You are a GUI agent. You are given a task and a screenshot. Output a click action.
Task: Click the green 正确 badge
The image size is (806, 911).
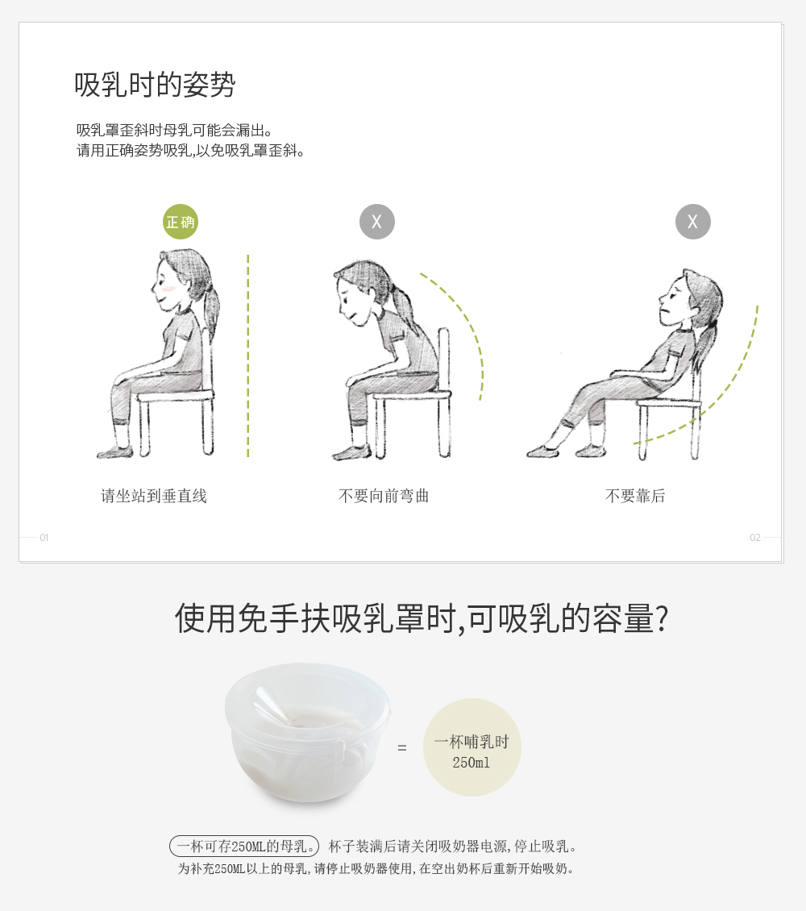pos(180,222)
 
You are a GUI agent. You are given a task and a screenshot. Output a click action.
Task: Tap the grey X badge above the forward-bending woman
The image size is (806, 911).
pos(377,222)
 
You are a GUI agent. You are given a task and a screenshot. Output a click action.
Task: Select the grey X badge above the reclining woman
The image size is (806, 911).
pos(693,222)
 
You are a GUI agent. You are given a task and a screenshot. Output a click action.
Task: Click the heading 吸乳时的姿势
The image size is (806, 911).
pos(155,85)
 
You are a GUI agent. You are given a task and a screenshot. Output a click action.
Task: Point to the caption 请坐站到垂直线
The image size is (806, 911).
pos(154,496)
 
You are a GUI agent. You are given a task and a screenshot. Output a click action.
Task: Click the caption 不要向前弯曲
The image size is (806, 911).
pos(384,496)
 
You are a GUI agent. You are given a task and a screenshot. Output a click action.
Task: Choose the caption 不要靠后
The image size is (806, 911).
pos(635,496)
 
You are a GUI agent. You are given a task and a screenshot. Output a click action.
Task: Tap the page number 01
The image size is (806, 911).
pos(44,538)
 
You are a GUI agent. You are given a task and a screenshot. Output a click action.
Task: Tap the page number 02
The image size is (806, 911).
pos(755,538)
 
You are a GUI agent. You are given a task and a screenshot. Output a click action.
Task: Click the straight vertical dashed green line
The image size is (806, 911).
pos(248,356)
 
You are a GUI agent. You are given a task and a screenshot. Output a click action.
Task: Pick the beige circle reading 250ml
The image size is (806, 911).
pos(472,747)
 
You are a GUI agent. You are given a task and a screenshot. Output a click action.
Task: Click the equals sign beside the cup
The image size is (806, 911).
pos(402,747)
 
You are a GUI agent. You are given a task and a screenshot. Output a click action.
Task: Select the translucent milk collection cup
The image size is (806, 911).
pos(307,733)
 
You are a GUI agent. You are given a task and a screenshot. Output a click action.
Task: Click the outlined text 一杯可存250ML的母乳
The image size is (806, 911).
pos(244,846)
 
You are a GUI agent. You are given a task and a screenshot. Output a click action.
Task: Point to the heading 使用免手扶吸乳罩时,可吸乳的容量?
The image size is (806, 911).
pos(422,618)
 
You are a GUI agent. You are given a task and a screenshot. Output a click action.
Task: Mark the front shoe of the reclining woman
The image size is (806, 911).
pos(542,451)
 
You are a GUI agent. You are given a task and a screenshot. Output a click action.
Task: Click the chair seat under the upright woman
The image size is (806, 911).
pos(176,396)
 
